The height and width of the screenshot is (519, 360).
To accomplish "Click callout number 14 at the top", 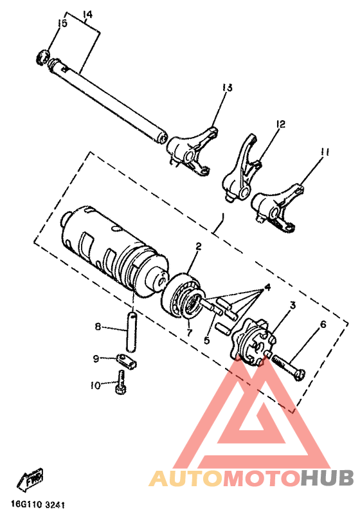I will [88, 14].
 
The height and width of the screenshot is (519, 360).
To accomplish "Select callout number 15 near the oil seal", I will [62, 24].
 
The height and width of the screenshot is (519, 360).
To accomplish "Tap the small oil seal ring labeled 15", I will [44, 57].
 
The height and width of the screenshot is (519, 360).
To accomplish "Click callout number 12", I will [280, 123].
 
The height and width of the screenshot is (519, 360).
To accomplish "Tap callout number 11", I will [325, 152].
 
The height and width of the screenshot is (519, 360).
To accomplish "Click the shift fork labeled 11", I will [278, 206].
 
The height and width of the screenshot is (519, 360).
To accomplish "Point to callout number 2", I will [199, 246].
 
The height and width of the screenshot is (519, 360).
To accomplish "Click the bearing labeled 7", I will [183, 296].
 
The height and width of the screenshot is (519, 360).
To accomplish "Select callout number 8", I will [98, 327].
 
